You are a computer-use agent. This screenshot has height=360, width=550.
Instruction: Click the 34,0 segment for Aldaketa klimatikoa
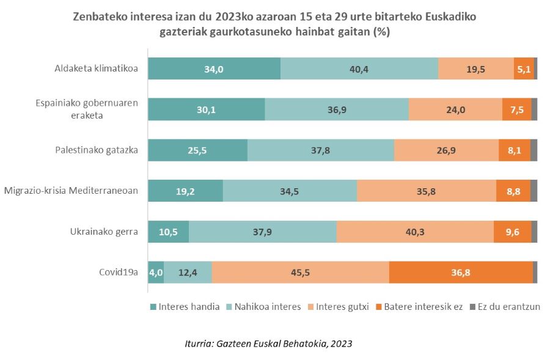[x=214, y=69]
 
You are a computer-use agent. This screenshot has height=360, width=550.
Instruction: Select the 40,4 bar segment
[x=359, y=69]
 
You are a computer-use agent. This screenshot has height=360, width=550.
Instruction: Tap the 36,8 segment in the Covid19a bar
[x=461, y=273]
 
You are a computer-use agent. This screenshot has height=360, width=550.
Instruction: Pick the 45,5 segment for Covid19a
[x=300, y=273]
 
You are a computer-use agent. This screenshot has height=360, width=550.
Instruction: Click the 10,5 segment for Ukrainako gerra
[x=169, y=232]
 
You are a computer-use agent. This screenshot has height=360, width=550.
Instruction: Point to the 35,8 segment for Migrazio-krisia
[x=426, y=191]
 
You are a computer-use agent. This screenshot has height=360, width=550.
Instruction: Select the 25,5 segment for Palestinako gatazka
[x=197, y=150]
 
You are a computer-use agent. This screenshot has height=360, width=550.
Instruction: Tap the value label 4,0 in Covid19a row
[x=156, y=273]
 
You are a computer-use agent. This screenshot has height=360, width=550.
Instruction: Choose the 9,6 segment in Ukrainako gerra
[x=512, y=232]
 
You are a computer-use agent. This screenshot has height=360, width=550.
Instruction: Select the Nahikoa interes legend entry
[x=268, y=306]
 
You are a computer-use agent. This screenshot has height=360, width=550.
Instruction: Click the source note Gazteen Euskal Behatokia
[x=268, y=343]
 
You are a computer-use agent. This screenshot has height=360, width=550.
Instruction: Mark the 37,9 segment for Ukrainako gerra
[x=262, y=232]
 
